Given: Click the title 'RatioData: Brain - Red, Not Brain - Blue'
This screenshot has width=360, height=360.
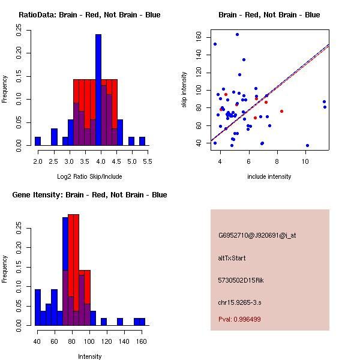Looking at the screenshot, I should [x=89, y=15].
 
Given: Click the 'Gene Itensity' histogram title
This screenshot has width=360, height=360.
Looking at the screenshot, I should [x=89, y=195].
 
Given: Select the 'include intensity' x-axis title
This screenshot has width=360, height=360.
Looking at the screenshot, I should [x=269, y=176].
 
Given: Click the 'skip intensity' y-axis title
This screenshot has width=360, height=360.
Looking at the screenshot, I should [x=185, y=90].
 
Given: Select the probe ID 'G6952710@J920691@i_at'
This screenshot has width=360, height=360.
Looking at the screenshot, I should [x=257, y=235].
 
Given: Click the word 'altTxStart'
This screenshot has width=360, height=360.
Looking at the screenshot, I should [x=232, y=258].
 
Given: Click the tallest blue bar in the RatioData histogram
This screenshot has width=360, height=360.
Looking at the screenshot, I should [x=98, y=90].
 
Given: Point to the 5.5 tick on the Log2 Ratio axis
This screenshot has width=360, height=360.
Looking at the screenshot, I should [x=148, y=162].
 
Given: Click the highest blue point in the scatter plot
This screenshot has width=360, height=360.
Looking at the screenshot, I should [x=237, y=34].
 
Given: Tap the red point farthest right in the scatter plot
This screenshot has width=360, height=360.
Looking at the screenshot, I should [x=281, y=112].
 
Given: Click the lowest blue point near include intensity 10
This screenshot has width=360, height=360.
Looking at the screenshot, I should [x=307, y=145].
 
